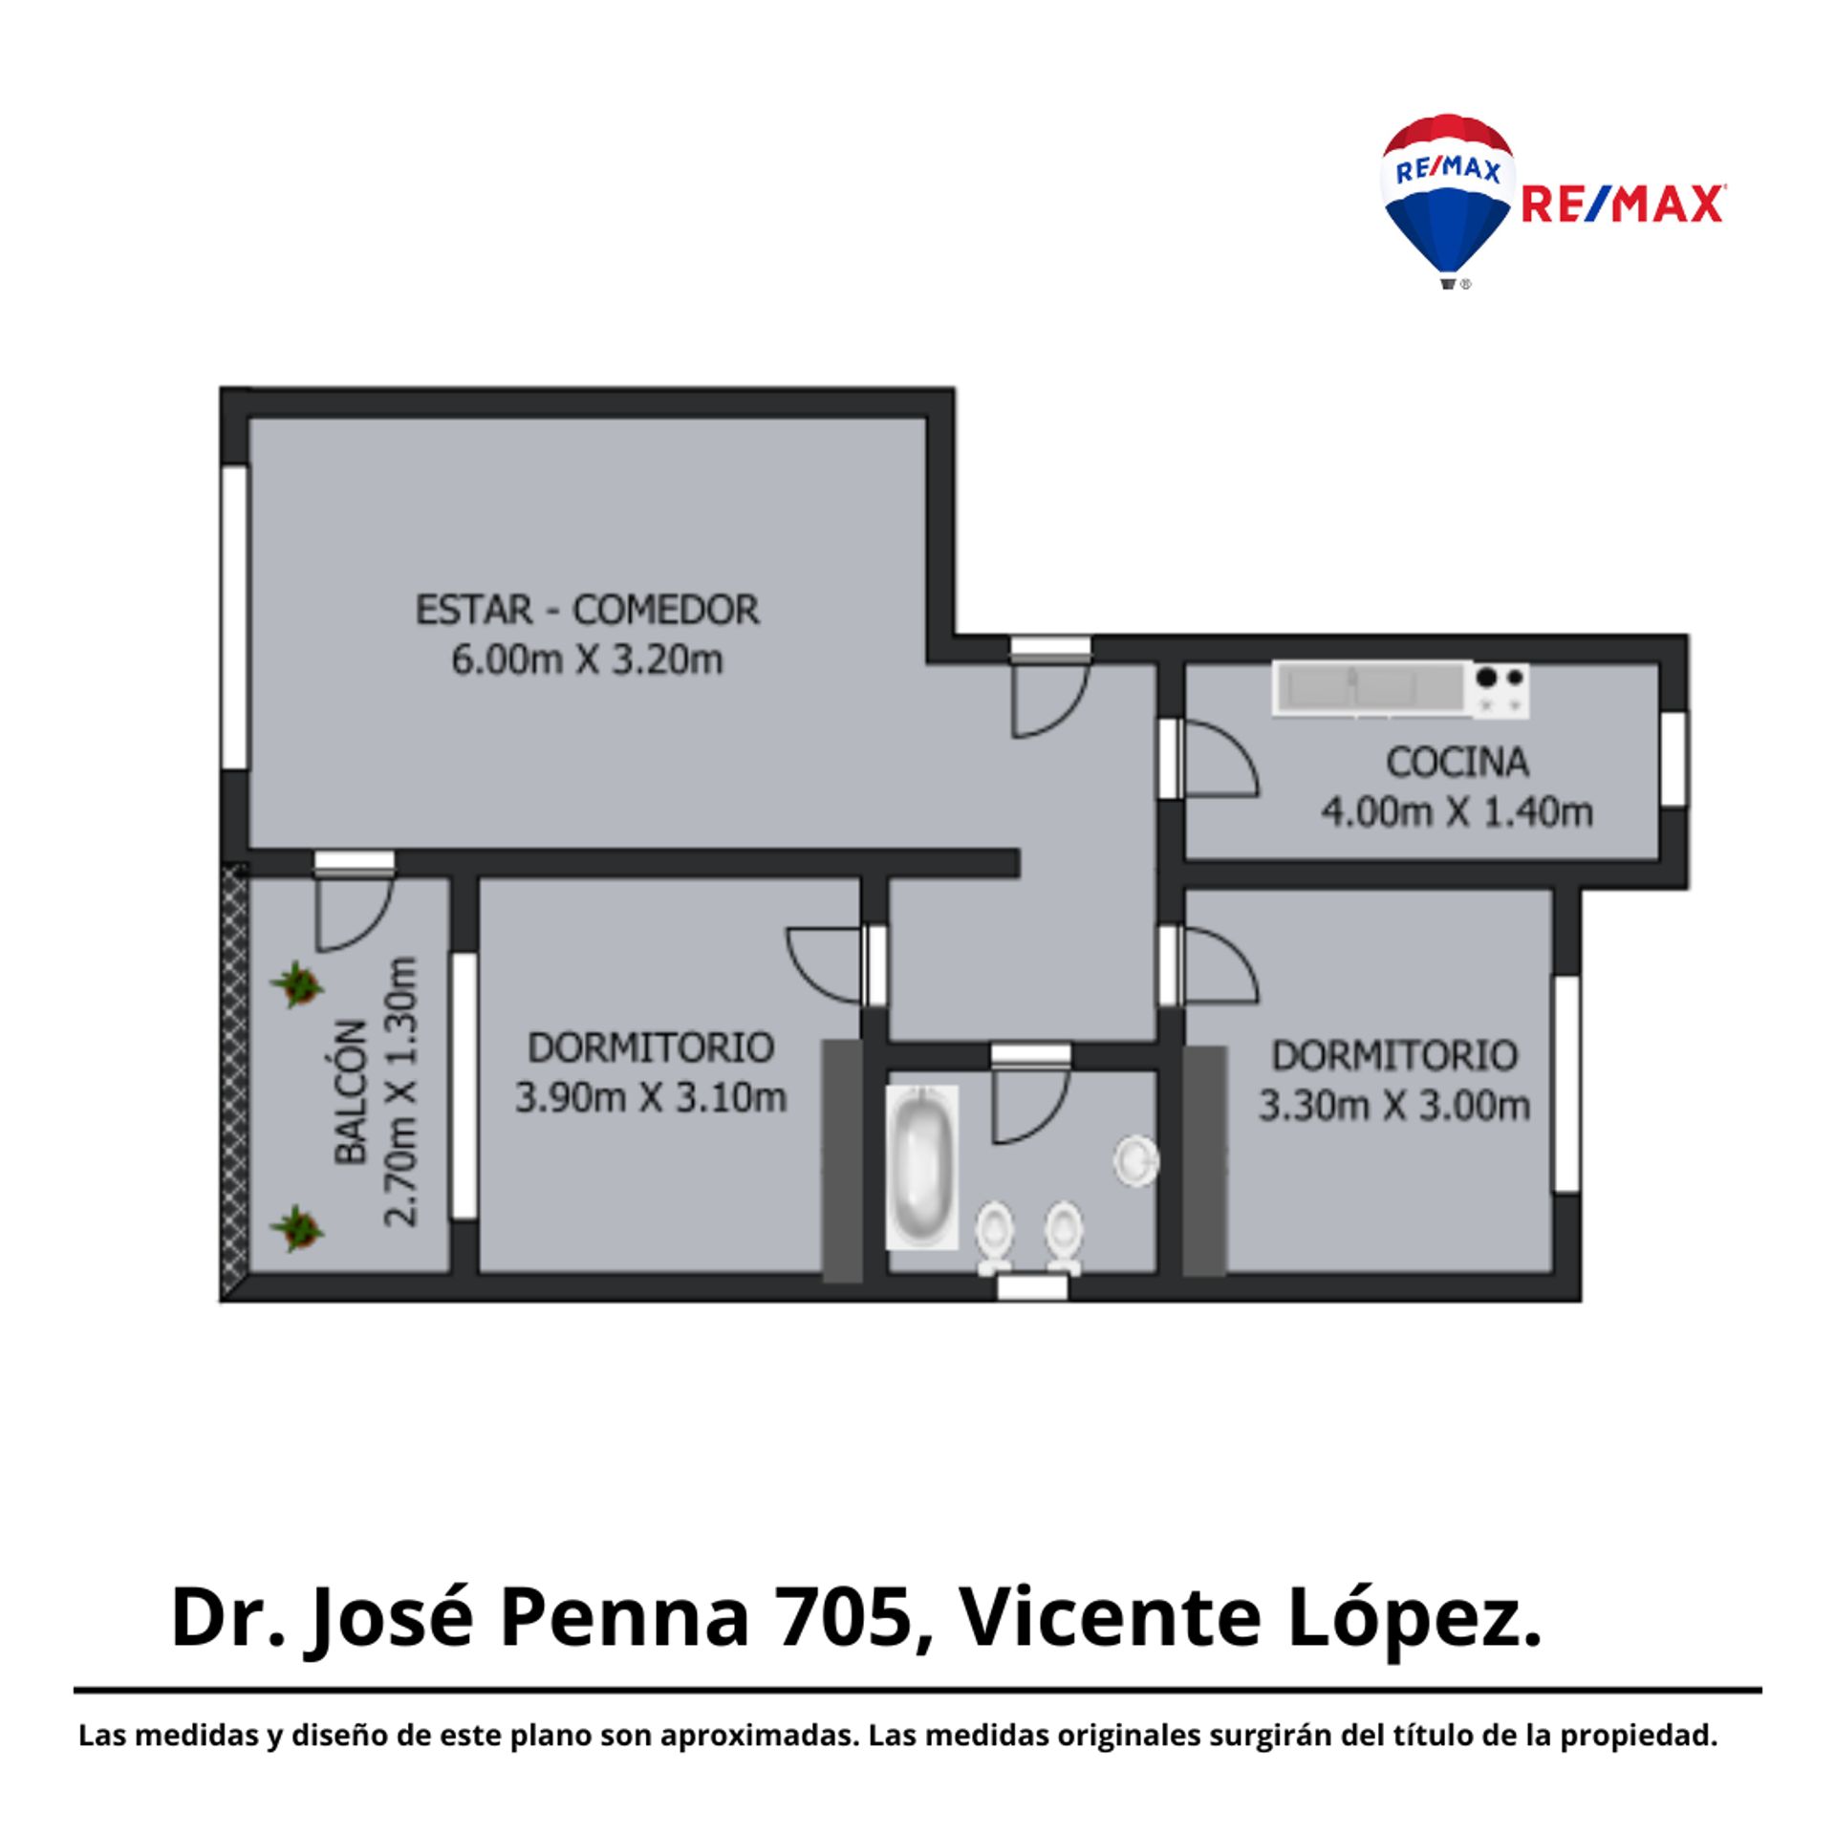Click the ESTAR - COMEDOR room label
[x=587, y=610]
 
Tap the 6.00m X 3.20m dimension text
[x=587, y=659]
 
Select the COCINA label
[x=1457, y=762]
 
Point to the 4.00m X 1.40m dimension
[x=1457, y=811]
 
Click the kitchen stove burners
[x=1500, y=690]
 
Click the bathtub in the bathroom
[x=921, y=1167]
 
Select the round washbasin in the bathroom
[x=1136, y=1161]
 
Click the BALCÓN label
[x=351, y=1091]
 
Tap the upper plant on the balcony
[x=296, y=984]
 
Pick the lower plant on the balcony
[x=296, y=1228]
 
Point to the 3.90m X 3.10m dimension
[x=651, y=1097]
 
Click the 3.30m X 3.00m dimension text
[x=1394, y=1106]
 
